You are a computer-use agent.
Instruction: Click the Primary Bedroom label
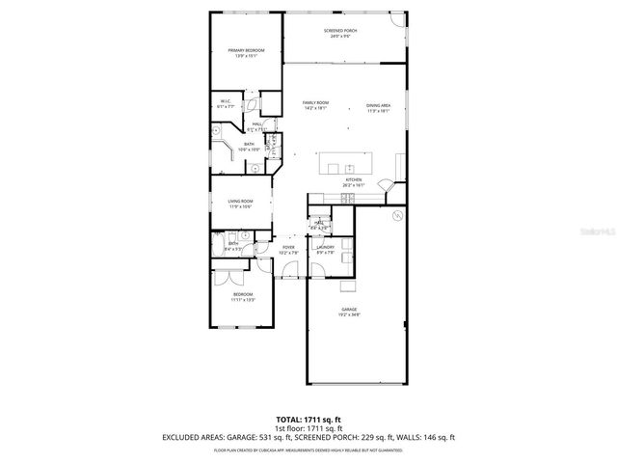point(246,50)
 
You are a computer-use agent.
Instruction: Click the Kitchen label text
point(354,180)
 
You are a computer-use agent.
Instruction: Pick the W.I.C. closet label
point(224,101)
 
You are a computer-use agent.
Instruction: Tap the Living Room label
point(240,202)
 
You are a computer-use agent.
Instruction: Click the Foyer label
point(288,248)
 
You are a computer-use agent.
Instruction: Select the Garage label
point(348,310)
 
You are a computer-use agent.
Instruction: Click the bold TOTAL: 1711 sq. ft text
point(308,419)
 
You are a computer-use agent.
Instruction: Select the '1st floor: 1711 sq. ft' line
point(308,427)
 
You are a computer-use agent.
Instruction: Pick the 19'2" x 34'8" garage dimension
point(348,314)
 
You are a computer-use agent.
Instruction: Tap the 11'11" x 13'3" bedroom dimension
point(242,300)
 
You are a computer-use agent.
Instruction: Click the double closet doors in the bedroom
point(229,276)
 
